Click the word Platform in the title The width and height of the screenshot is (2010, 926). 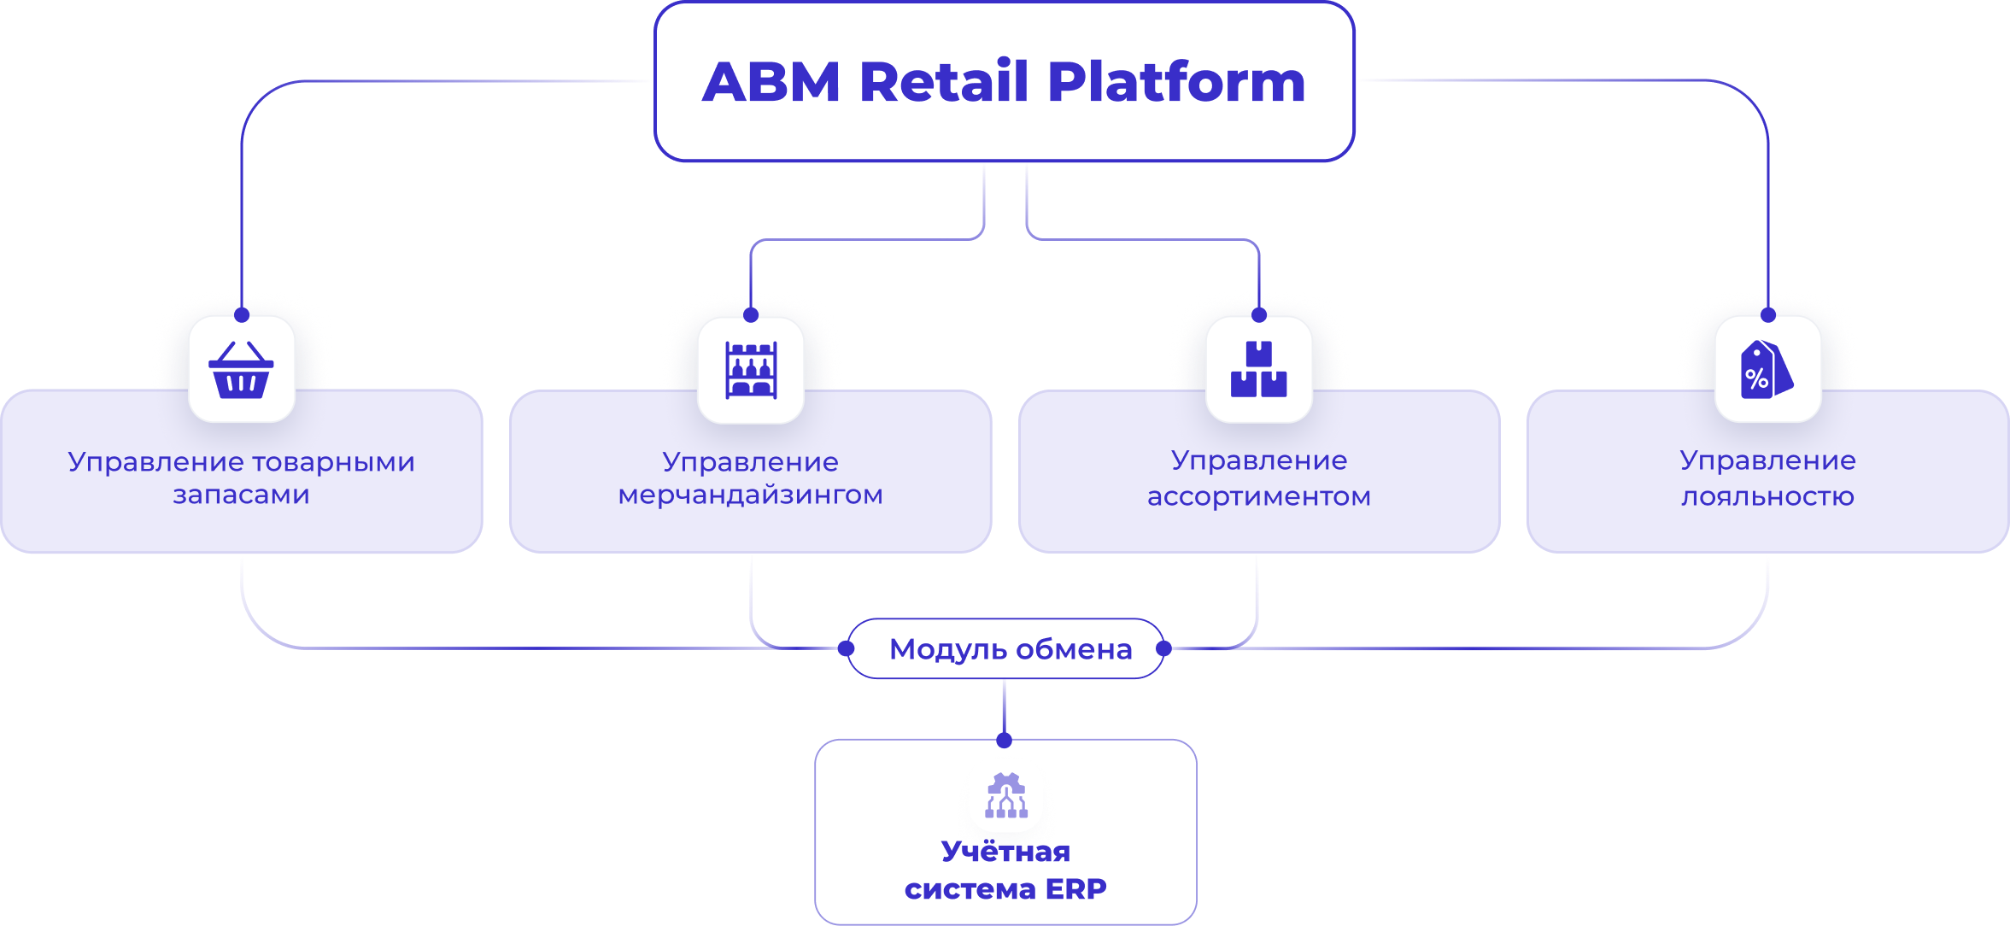[1176, 83]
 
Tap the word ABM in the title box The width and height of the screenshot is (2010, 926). [771, 83]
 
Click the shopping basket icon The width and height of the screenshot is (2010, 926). [242, 370]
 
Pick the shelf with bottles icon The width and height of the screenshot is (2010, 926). [751, 370]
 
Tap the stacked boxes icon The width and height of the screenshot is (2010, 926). [1258, 370]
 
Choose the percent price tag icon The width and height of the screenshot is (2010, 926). [1767, 370]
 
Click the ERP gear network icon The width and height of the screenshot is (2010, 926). [1006, 796]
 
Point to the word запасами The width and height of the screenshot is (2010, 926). [242, 495]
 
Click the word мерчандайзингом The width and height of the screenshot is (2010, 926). [751, 495]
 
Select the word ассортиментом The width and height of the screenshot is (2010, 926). [1259, 496]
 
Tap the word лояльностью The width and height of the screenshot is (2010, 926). [1767, 496]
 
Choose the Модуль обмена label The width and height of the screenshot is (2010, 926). [1011, 649]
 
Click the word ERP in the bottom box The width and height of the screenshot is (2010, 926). [1075, 889]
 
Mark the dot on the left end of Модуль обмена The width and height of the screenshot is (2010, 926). [847, 648]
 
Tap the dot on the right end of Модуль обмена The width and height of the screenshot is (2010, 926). [1163, 648]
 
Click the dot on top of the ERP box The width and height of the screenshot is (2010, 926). [1005, 741]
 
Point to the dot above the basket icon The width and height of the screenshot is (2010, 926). [242, 315]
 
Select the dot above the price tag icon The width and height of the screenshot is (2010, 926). [1768, 315]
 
